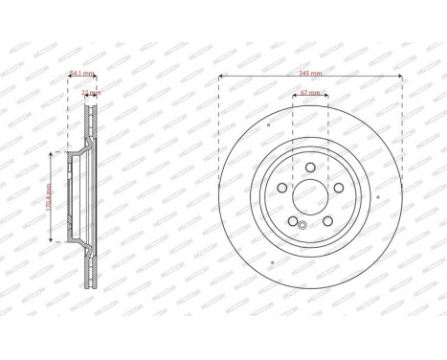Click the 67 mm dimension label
(310, 93)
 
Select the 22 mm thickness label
(92, 92)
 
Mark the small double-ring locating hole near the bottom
(302, 226)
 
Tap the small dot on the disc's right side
(378, 198)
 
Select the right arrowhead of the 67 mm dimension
(326, 98)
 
